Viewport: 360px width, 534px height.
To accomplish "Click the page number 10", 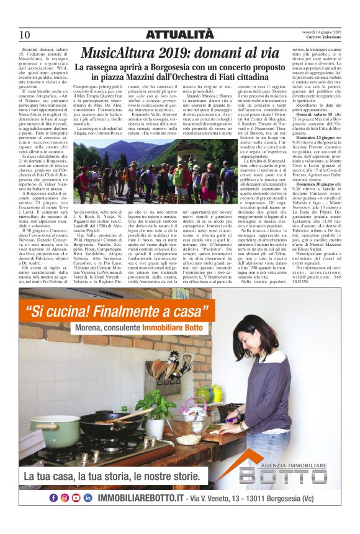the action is [25, 34].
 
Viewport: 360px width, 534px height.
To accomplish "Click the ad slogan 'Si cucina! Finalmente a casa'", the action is [115, 310].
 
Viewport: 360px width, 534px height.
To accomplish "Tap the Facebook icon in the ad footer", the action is [53, 498].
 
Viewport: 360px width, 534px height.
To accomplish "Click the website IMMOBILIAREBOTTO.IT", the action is [133, 499].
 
